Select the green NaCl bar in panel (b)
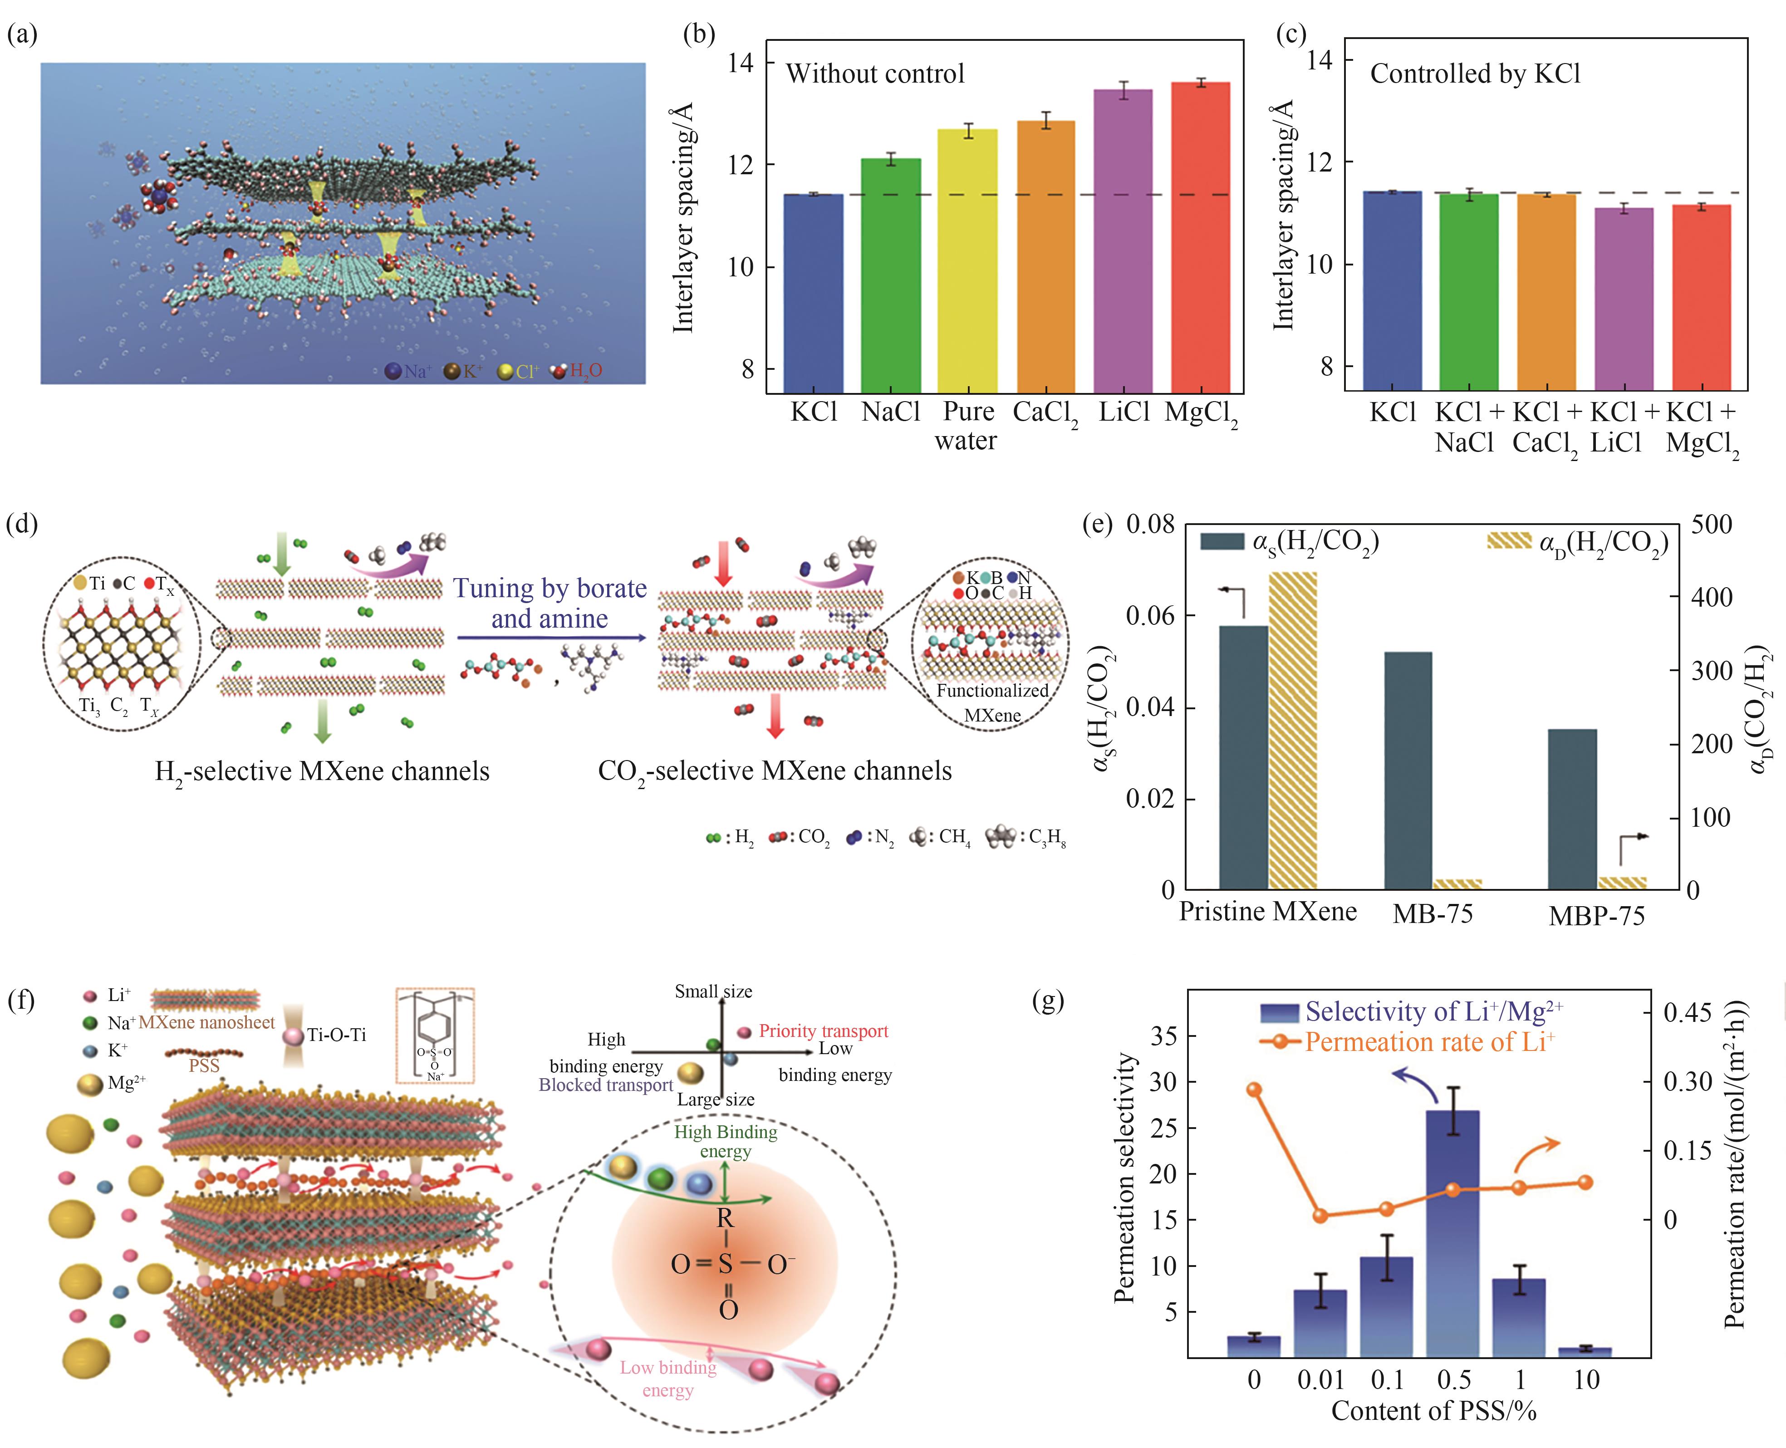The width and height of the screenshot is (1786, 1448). tap(891, 275)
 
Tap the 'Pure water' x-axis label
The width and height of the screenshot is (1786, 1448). tap(967, 425)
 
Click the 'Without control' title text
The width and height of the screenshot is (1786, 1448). tap(875, 74)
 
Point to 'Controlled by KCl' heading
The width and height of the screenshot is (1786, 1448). tap(1475, 74)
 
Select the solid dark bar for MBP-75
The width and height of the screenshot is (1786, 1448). tap(1572, 809)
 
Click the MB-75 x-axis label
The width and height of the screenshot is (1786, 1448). tap(1433, 914)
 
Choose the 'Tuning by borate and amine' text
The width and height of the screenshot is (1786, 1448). tap(550, 603)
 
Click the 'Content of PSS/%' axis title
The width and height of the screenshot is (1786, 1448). tap(1433, 1410)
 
